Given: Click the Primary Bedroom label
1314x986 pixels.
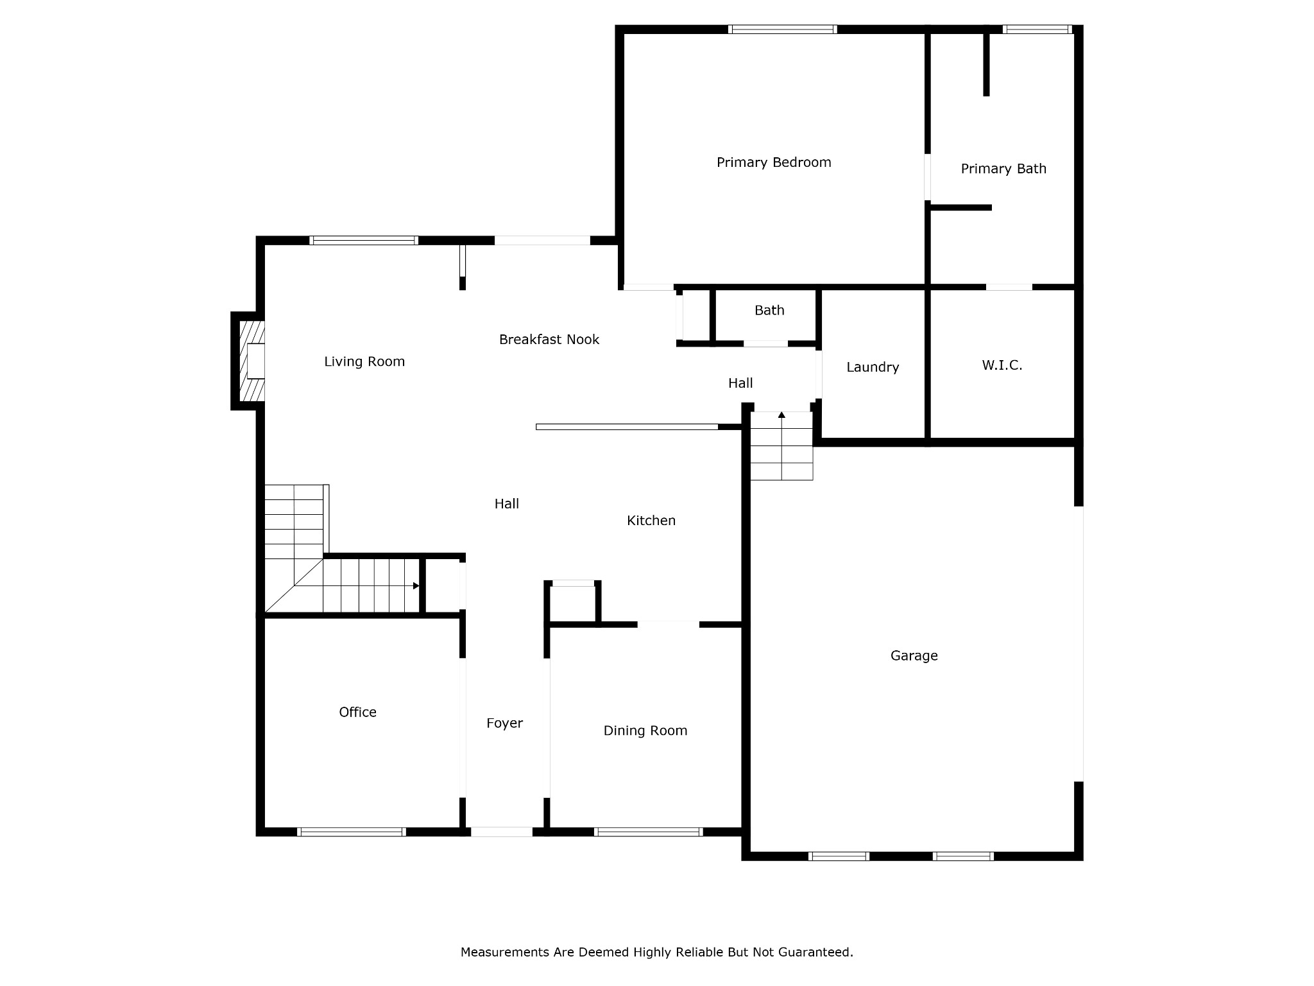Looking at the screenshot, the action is pyautogui.click(x=774, y=162).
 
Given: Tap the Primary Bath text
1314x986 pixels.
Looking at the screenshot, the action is pyautogui.click(x=1003, y=169).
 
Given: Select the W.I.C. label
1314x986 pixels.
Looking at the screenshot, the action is pyautogui.click(x=1002, y=365).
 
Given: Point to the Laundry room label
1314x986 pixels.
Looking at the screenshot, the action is pyautogui.click(x=873, y=367).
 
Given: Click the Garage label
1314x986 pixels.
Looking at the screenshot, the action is pyautogui.click(x=914, y=655).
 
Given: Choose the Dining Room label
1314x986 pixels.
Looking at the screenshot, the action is pyautogui.click(x=645, y=731).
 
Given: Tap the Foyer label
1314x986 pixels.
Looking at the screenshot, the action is pyautogui.click(x=505, y=723).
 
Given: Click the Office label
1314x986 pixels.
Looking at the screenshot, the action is pyautogui.click(x=358, y=712).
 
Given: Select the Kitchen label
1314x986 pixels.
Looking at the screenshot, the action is pyautogui.click(x=651, y=521).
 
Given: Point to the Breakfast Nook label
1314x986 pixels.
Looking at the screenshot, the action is pyautogui.click(x=549, y=340).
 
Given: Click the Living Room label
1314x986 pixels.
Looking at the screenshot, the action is pyautogui.click(x=364, y=361).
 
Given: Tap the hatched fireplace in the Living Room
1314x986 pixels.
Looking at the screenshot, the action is pyautogui.click(x=252, y=361).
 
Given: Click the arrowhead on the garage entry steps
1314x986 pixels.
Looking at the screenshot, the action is pyautogui.click(x=781, y=415).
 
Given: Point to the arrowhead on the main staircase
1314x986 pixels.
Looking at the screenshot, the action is pyautogui.click(x=416, y=585).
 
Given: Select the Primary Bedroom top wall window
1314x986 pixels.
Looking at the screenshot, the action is pyautogui.click(x=783, y=29).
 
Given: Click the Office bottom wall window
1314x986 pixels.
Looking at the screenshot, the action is pyautogui.click(x=352, y=832).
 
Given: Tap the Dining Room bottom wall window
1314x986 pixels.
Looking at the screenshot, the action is pyautogui.click(x=649, y=832).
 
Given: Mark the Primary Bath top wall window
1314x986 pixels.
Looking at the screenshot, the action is pyautogui.click(x=1037, y=29).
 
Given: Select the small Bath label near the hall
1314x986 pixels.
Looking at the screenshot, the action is pyautogui.click(x=769, y=311).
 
